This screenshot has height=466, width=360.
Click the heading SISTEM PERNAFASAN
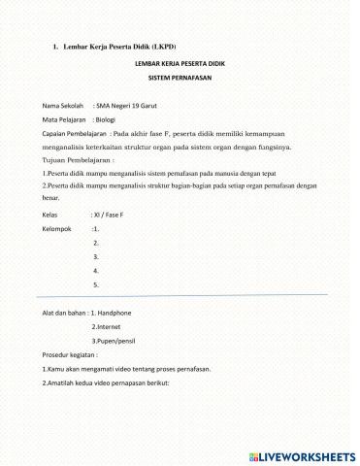point(180,77)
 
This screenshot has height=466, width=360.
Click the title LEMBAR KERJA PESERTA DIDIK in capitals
point(180,62)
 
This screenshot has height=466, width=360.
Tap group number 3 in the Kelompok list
point(96,256)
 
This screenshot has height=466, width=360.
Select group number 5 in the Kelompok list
point(96,285)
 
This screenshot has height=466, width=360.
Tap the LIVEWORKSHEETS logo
point(304,454)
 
